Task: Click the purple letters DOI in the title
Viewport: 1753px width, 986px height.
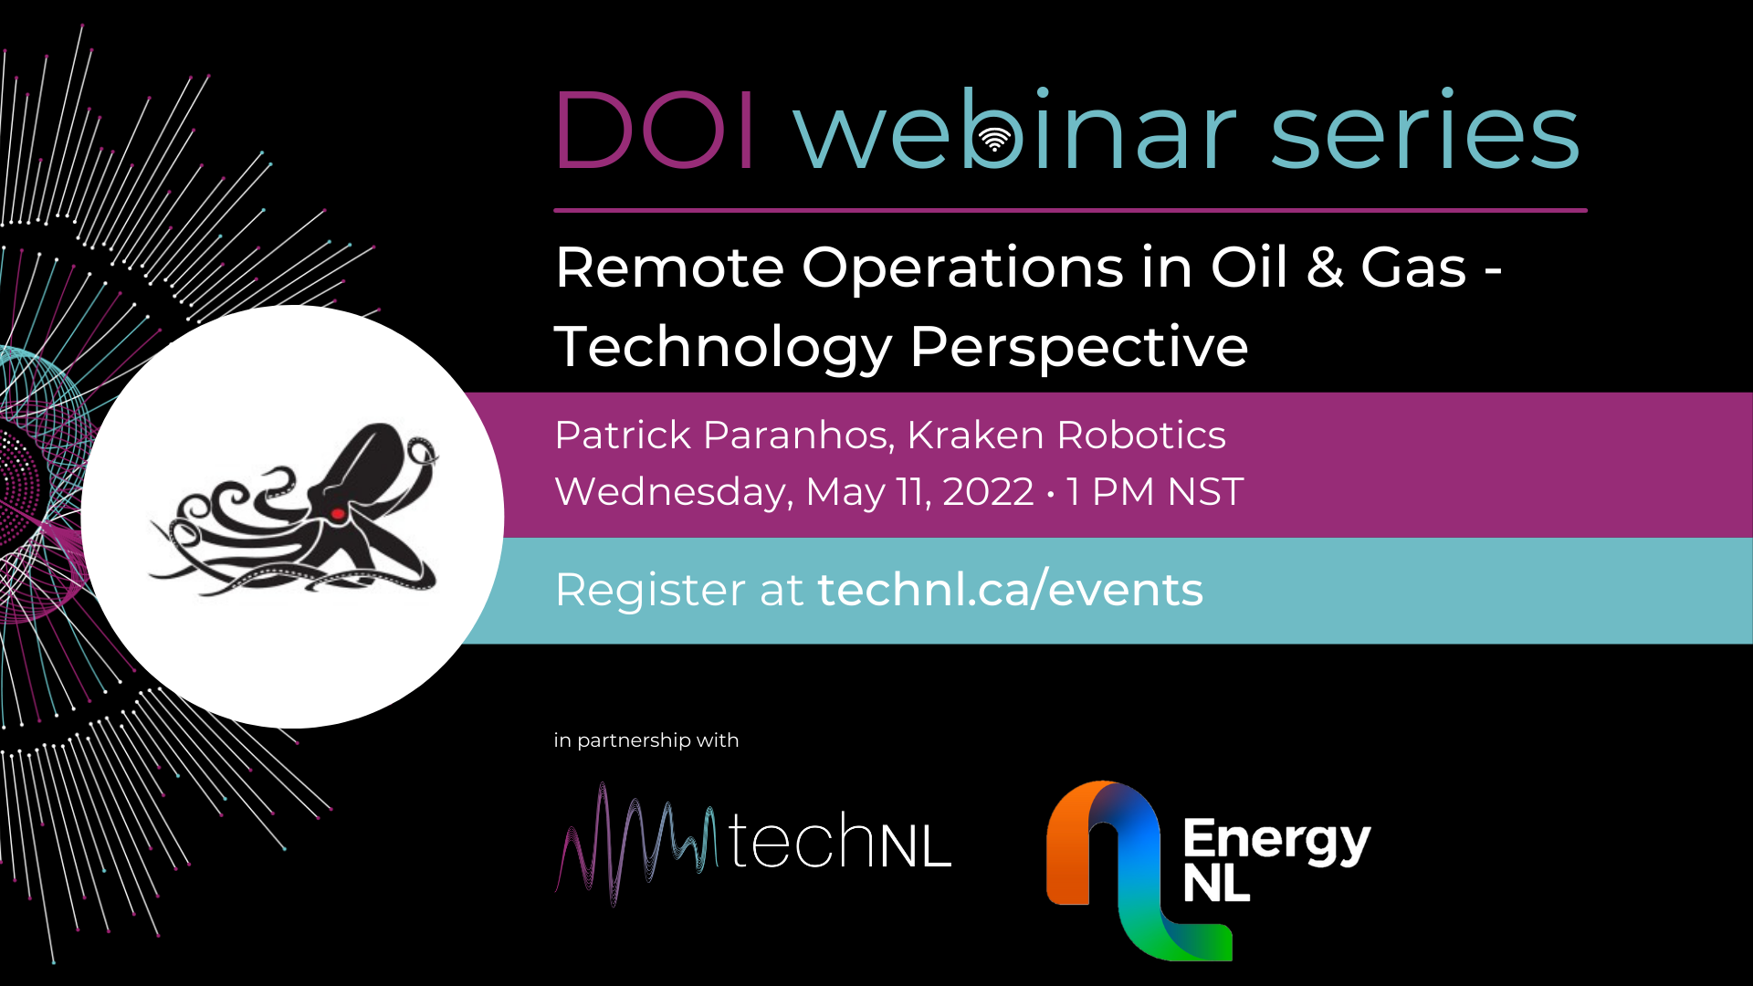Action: click(655, 130)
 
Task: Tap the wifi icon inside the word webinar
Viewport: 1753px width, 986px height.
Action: click(994, 140)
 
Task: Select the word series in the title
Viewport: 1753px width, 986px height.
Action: click(1424, 130)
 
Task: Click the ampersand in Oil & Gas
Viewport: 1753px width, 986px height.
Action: click(1325, 267)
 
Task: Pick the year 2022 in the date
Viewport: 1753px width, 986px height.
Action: click(988, 492)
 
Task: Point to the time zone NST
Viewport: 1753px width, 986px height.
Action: click(1205, 492)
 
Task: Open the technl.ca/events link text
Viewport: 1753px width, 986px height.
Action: click(1011, 589)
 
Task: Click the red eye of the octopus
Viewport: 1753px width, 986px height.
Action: click(337, 514)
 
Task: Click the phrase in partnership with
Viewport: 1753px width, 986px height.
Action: click(646, 740)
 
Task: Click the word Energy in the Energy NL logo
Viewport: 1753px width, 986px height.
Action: click(1276, 840)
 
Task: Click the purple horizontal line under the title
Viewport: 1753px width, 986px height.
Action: click(1070, 210)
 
